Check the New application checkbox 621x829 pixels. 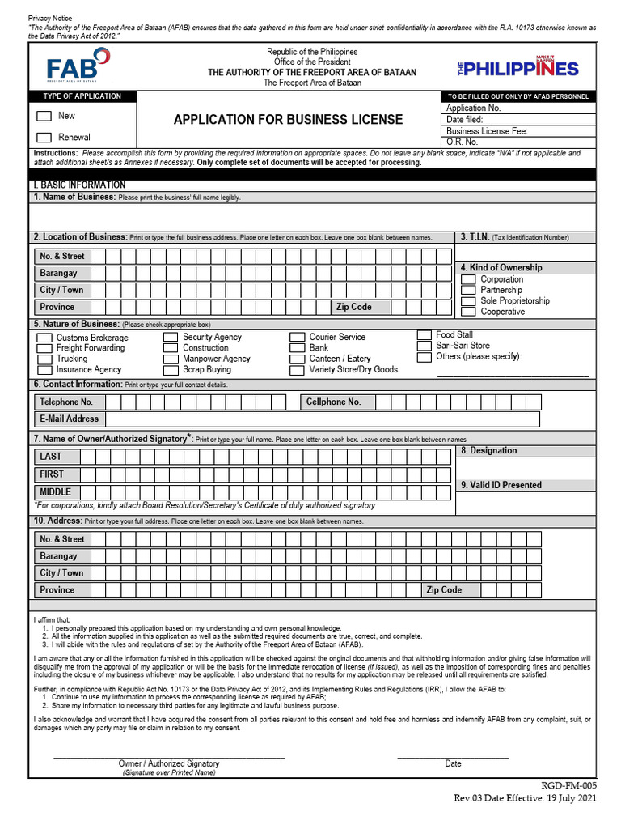coord(44,117)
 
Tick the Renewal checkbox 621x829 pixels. coord(44,138)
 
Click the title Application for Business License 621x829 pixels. coord(288,120)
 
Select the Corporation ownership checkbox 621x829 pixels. coord(468,279)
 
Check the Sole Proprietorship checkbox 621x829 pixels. coord(468,301)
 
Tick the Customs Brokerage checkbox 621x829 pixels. coord(44,338)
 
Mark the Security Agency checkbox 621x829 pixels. coord(171,337)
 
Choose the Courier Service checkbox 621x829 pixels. coord(296,337)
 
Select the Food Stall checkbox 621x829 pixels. coord(424,334)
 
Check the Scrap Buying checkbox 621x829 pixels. coord(171,370)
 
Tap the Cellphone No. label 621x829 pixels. coord(333,402)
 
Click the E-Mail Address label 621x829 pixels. coord(69,419)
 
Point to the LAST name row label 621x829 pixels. coord(50,457)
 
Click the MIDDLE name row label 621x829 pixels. coord(55,491)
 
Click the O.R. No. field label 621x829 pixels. coord(462,142)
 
